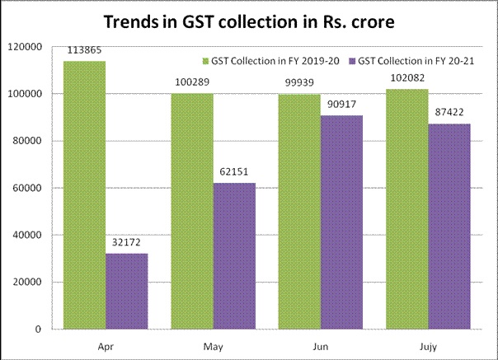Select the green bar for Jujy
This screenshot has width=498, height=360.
[x=407, y=209]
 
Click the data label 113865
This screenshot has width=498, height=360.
[x=83, y=52]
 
